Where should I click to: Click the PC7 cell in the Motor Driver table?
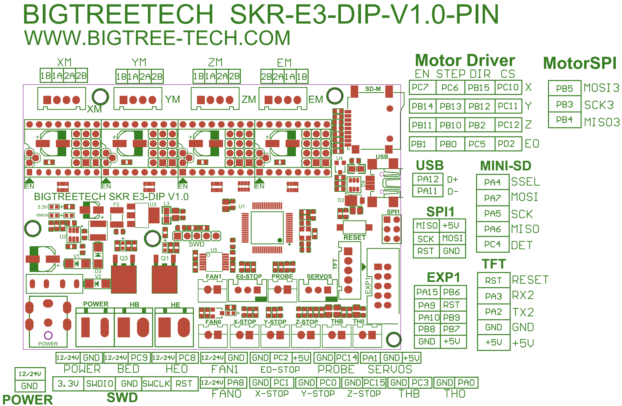(422, 87)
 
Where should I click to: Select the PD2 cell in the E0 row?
(508, 144)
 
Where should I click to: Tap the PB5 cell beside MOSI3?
(564, 89)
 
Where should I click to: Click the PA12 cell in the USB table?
(428, 179)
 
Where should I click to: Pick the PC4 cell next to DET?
(492, 244)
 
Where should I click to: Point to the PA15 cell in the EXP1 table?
(427, 292)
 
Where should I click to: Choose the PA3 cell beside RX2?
(493, 296)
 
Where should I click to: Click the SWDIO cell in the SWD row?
(99, 384)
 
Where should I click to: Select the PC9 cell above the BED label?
(139, 358)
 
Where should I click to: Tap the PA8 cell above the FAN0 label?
(236, 382)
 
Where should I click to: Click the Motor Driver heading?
(465, 61)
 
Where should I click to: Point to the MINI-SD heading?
(505, 166)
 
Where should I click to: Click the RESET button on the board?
(354, 227)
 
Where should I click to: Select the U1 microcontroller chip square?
(267, 228)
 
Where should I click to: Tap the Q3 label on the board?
(124, 258)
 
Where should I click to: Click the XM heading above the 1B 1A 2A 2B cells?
(64, 62)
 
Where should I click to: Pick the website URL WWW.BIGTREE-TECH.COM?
(157, 38)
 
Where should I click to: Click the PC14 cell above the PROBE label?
(346, 358)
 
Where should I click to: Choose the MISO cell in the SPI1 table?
(426, 225)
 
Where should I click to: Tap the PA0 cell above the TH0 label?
(466, 383)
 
